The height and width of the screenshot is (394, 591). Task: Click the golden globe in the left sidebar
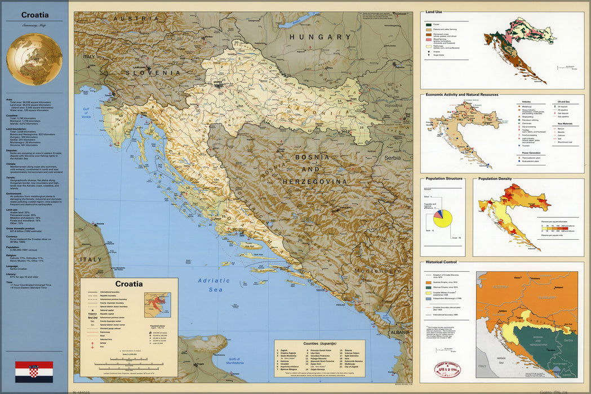click(x=34, y=59)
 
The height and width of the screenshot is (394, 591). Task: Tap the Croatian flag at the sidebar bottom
click(x=34, y=371)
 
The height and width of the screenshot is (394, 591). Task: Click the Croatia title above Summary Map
click(x=34, y=15)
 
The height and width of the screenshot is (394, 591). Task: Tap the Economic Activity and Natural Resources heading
click(x=462, y=95)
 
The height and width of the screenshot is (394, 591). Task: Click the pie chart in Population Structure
click(x=443, y=219)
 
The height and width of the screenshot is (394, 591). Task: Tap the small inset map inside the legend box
click(x=157, y=305)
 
